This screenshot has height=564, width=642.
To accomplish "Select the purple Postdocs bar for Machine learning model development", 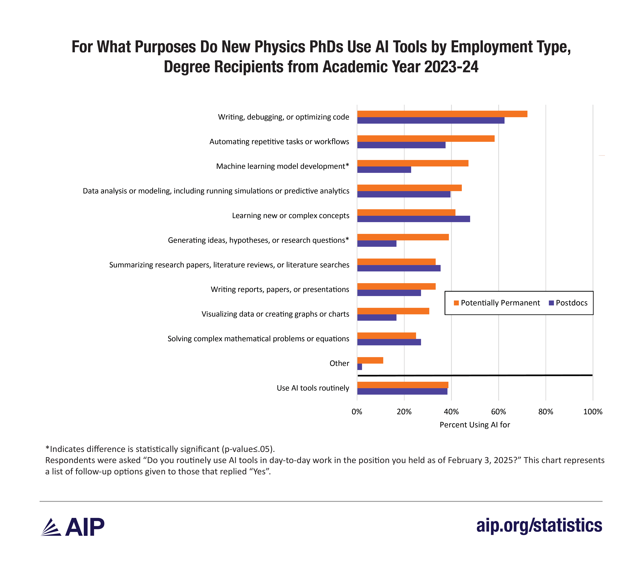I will pos(384,170).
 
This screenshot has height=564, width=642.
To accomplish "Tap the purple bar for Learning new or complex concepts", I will pos(413,219).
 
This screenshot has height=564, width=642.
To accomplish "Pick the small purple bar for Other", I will pos(360,367).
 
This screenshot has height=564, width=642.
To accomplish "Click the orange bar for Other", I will pos(370,360).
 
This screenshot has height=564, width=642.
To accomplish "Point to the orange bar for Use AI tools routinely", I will pos(403,385).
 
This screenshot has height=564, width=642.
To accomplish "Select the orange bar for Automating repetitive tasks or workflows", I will pos(426,139).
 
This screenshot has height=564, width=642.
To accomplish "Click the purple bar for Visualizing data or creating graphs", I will pos(377,317).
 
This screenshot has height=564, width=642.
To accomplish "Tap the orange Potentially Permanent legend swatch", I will pos(456,303).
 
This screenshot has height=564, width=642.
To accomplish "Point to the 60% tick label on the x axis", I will pos(498,412).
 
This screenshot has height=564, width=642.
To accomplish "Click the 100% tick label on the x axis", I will pos(593,412).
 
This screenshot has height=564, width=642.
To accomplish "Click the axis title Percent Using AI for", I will pos(475,425).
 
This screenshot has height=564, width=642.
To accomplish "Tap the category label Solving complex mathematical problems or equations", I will pos(258,339).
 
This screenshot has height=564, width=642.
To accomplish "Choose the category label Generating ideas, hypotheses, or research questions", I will pos(258,240).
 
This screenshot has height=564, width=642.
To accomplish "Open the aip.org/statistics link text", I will pos(539,525).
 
